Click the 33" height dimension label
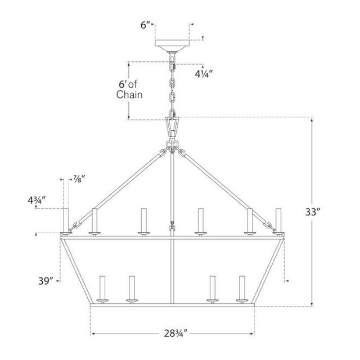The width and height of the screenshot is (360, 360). tap(313, 212)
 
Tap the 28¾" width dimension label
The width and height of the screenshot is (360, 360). tap(175, 334)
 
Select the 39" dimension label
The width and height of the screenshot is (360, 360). tap(46, 281)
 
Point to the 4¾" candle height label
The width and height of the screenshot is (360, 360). tap(37, 200)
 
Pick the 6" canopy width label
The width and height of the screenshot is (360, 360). tap(146, 25)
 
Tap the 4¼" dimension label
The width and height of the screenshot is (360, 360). tap(204, 74)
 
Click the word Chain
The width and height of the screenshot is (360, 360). tap(129, 94)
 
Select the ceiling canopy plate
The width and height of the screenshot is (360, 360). tap(172, 46)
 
